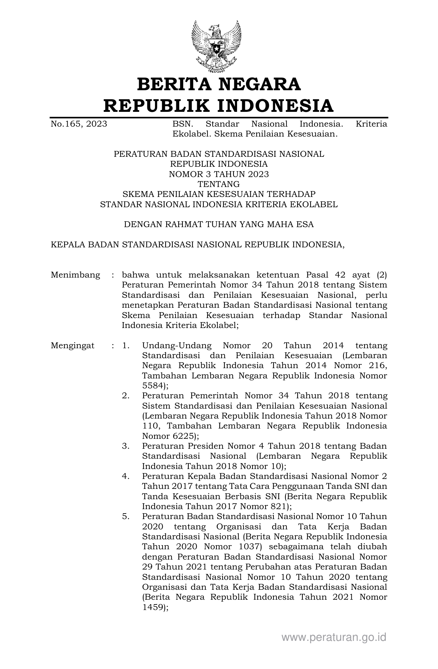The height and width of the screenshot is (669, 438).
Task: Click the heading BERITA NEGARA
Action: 219,84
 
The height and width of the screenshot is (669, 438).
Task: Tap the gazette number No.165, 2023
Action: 79,124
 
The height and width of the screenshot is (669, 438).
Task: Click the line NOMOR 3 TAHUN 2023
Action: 219,174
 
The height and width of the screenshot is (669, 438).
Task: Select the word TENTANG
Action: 219,184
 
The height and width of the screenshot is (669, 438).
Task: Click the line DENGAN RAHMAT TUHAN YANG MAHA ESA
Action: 219,225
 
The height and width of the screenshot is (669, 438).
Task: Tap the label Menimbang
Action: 75,275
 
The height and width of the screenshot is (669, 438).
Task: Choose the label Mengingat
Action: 72,345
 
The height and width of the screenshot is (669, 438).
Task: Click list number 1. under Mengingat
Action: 126,345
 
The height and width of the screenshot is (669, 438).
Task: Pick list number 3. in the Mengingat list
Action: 126,446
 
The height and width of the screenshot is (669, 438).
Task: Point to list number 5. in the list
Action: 126,516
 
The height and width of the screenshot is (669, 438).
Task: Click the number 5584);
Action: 155,386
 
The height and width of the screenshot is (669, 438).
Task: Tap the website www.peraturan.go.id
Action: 334,637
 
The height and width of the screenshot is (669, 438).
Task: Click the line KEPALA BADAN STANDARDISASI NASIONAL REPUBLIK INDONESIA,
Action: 197,245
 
